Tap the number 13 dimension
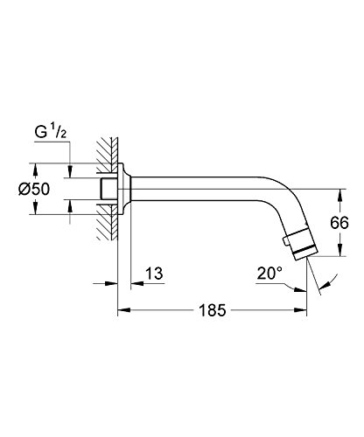coord(154,274)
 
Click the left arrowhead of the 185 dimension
coord(122,309)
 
